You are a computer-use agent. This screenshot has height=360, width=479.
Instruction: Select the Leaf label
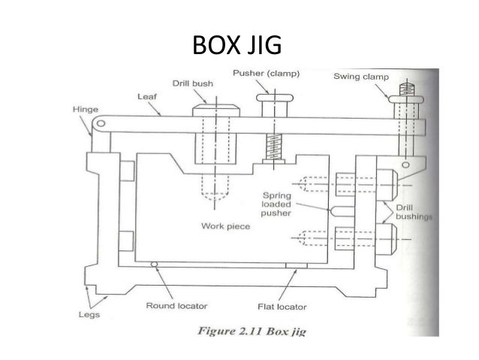146,97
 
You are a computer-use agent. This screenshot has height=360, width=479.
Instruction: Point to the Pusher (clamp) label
264,74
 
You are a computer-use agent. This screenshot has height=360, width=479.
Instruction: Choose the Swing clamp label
358,75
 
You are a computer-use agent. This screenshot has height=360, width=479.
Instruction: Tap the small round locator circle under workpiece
154,265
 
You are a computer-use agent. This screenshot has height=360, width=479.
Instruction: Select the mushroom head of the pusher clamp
270,96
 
